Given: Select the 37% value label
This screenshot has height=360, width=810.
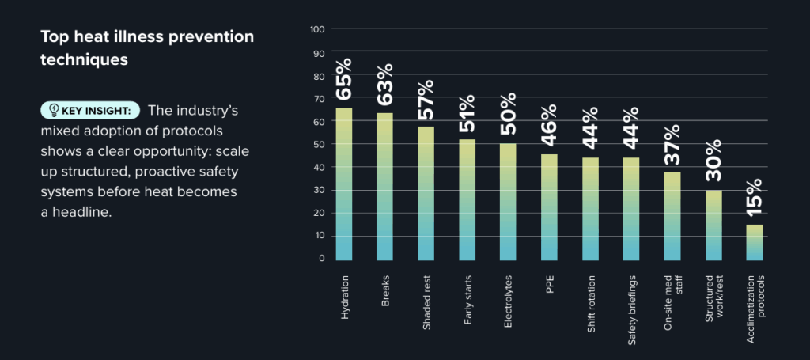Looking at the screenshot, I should pyautogui.click(x=672, y=144).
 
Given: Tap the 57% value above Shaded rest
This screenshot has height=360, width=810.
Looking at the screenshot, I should pyautogui.click(x=426, y=99).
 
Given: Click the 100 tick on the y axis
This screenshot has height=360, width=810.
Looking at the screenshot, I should pyautogui.click(x=317, y=29).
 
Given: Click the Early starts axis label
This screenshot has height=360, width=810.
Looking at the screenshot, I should pyautogui.click(x=468, y=298).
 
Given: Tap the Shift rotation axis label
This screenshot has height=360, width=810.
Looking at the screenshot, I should pyautogui.click(x=591, y=304).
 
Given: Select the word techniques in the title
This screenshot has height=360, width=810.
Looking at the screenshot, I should pyautogui.click(x=84, y=59).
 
